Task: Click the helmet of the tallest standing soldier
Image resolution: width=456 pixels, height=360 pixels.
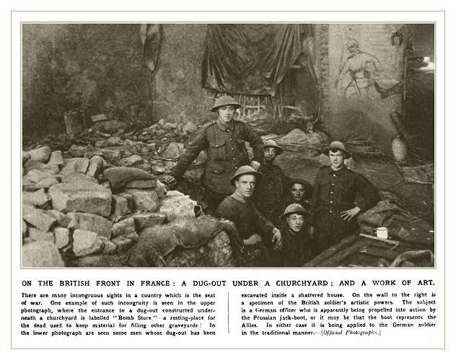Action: click(x=225, y=102)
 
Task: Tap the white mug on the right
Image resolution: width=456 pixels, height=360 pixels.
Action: click(x=382, y=233)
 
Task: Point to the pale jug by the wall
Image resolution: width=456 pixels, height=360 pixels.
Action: click(x=399, y=149)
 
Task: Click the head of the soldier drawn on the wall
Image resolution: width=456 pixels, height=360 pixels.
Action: click(x=351, y=46)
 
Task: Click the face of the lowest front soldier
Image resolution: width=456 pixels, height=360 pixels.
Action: click(x=294, y=219)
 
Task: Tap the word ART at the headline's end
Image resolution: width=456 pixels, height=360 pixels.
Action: click(x=422, y=281)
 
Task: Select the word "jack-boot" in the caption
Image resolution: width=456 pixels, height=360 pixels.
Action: click(x=313, y=317)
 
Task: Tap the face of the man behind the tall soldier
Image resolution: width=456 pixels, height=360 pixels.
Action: click(x=272, y=153)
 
